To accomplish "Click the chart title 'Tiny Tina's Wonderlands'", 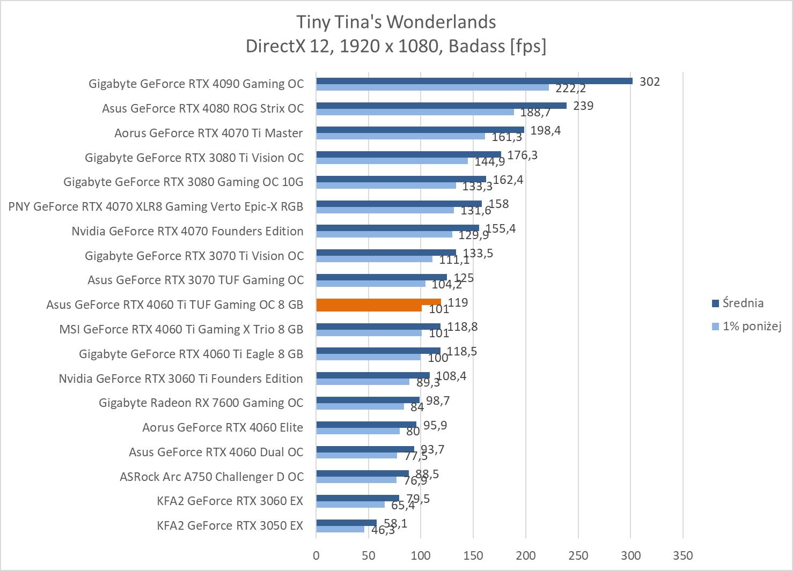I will coord(396,22).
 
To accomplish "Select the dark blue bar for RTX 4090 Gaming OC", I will coord(474,81).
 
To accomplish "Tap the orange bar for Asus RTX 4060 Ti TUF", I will coord(378,302).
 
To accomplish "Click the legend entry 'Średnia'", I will coord(743,303).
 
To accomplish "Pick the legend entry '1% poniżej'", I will coord(751,326).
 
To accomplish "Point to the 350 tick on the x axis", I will coord(682,555).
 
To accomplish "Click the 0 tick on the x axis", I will coord(316,555).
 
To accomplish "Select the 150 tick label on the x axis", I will coord(473,555).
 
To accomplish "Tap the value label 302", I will coord(650,81).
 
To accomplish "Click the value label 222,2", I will coord(570,88).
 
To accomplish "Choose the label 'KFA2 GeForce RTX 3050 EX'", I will coord(230,525).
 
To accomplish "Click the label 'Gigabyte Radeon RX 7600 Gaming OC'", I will coord(201,403).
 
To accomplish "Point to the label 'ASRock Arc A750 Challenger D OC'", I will coord(211,477).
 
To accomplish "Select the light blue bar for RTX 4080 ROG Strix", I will coord(415,112).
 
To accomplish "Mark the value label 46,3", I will coord(383,530).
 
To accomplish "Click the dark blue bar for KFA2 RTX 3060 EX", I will coord(357,498).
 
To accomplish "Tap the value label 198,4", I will coord(545,130).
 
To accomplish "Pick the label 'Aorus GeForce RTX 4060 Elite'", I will coord(223,427).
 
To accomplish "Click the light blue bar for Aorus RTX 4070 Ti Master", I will coord(400,137).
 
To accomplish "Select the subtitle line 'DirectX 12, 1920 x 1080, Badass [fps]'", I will coord(396,47).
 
